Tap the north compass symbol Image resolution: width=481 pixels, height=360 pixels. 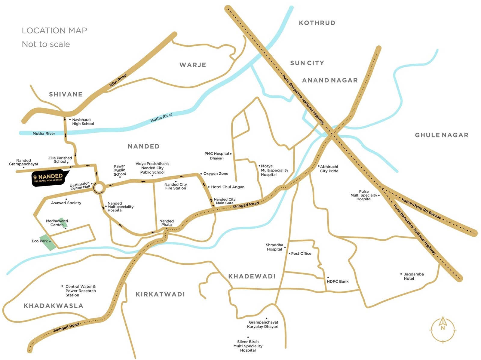443,330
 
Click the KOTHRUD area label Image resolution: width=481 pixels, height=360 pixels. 317,23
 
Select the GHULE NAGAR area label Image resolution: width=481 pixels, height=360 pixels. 442,135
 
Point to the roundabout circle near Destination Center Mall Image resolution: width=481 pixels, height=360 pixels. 99,188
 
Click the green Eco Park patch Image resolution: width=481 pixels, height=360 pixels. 48,242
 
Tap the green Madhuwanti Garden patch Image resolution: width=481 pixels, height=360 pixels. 63,222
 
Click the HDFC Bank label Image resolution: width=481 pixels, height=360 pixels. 338,282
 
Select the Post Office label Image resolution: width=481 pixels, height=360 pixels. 301,254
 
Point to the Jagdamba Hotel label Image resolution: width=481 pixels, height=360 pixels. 413,276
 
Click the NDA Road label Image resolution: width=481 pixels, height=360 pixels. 118,81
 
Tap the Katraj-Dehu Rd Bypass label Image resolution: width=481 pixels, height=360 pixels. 421,208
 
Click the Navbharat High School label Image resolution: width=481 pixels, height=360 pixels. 83,122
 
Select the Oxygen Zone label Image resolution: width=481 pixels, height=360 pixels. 216,174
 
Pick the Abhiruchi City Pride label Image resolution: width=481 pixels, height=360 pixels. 329,169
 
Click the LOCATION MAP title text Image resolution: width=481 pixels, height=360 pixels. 54,31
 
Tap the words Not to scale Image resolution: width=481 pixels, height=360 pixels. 46,44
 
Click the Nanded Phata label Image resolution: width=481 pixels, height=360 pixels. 166,223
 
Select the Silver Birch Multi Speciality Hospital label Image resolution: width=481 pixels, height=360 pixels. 248,346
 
